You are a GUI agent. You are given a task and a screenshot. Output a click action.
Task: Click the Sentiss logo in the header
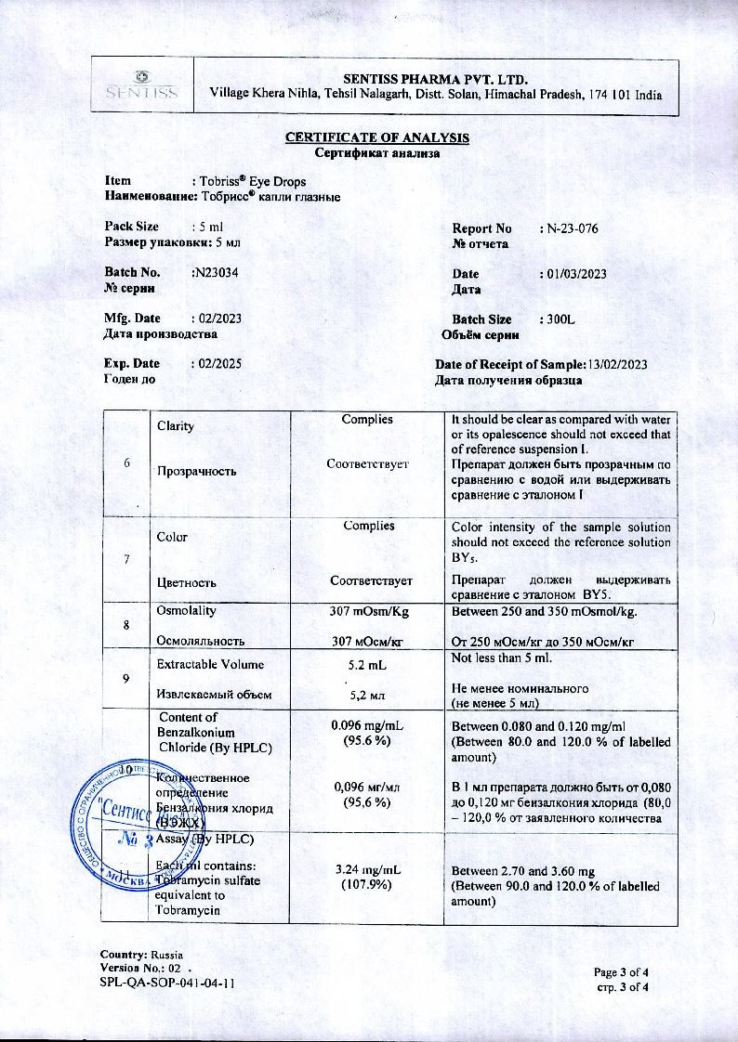click(x=141, y=85)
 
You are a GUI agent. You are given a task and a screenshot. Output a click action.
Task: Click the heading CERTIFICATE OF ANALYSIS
click(x=376, y=138)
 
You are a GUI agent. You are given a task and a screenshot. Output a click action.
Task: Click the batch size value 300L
click(x=562, y=319)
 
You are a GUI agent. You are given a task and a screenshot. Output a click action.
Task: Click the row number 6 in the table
click(x=126, y=463)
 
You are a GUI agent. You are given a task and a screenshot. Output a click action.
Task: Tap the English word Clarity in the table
click(x=176, y=426)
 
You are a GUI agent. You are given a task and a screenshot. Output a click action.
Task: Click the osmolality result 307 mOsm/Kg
click(x=366, y=611)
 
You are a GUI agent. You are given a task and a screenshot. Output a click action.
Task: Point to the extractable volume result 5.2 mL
click(x=366, y=665)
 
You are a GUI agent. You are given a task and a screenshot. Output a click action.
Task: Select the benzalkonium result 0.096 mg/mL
click(x=366, y=725)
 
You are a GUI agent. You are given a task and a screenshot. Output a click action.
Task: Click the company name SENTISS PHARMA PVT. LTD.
click(x=435, y=77)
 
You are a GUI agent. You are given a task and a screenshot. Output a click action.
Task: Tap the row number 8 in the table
click(x=126, y=625)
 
